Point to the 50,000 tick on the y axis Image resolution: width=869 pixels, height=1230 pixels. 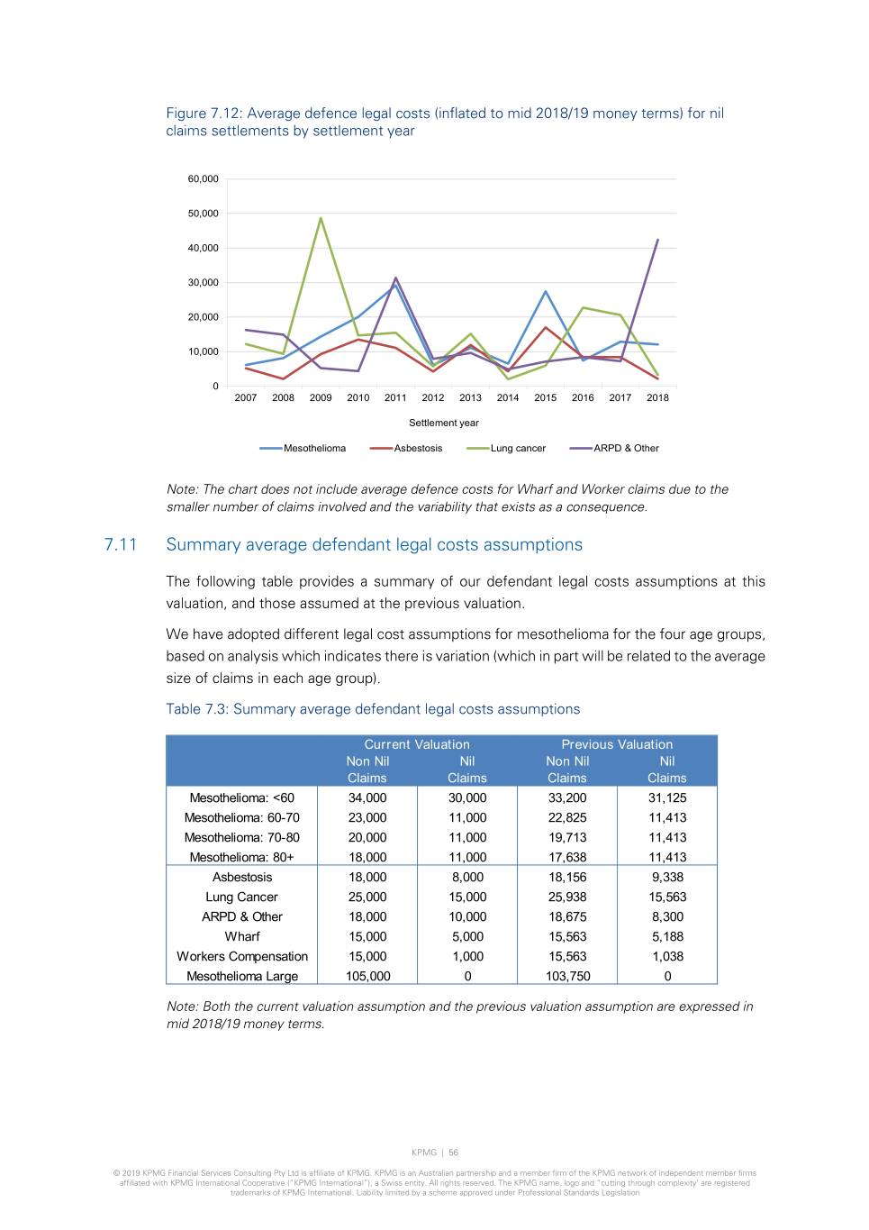coord(203,214)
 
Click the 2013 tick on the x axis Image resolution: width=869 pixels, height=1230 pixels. coord(470,397)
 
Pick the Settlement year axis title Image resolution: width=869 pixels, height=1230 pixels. coord(444,423)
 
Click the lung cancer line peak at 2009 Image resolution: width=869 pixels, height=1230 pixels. coord(321,218)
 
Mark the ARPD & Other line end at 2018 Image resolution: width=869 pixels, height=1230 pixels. coord(657,240)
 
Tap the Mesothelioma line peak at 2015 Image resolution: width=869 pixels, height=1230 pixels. coord(546,291)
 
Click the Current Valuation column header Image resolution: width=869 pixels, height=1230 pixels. coord(417,744)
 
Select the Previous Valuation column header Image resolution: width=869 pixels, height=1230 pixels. coord(617,744)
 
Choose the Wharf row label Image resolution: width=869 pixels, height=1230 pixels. coord(242,936)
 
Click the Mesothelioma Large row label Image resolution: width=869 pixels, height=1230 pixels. coord(242,976)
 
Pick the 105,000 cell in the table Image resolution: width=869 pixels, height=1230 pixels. coord(367,976)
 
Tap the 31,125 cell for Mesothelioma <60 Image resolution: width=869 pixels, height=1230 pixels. coord(667,797)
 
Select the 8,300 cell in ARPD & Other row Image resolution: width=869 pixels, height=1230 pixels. coord(667,916)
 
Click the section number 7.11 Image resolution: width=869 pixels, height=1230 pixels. coord(121,544)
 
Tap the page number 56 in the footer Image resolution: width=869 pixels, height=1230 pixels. coord(454,1153)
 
